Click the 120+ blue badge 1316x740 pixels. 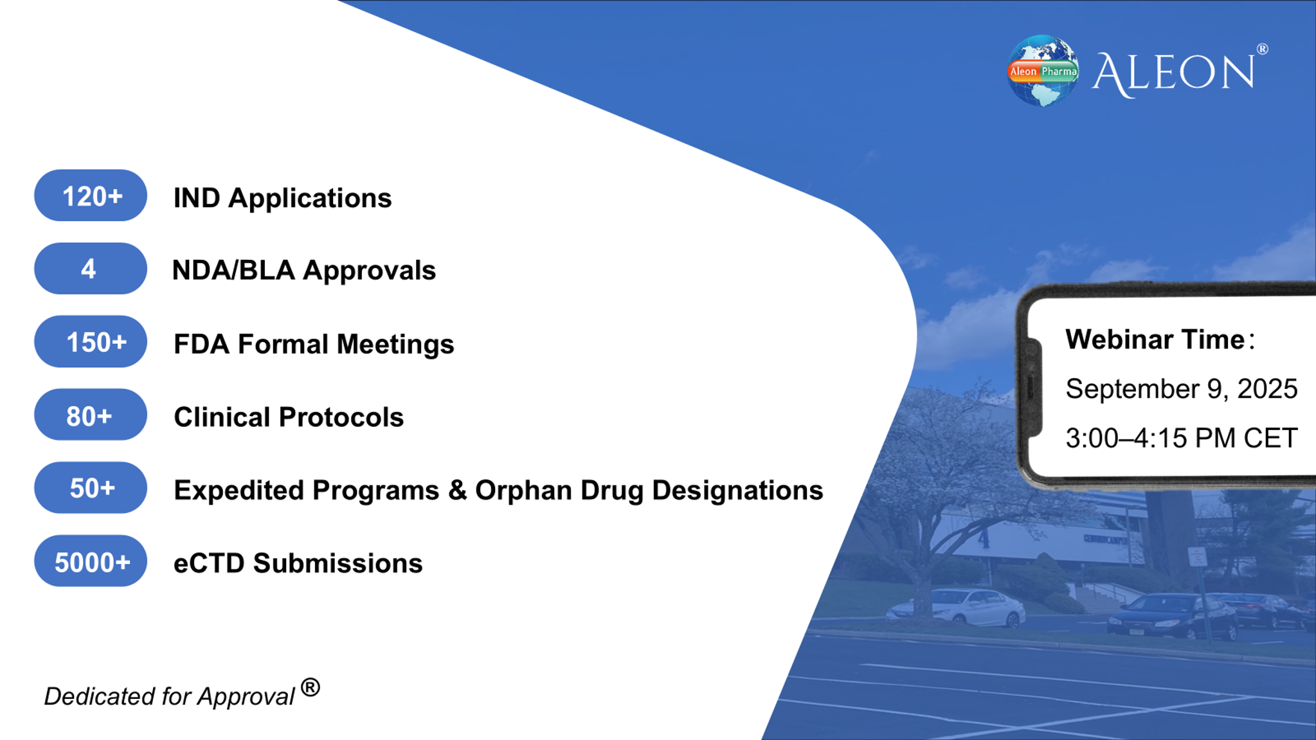pyautogui.click(x=91, y=195)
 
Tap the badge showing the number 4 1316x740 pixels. pyautogui.click(x=91, y=268)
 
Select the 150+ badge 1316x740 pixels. pyautogui.click(x=91, y=341)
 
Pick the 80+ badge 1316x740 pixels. pyautogui.click(x=91, y=415)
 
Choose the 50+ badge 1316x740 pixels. pyautogui.click(x=91, y=487)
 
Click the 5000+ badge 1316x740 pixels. pyautogui.click(x=91, y=561)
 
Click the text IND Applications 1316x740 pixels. pyautogui.click(x=283, y=198)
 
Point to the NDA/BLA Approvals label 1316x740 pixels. pyautogui.click(x=304, y=270)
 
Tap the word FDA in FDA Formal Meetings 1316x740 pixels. pyautogui.click(x=202, y=344)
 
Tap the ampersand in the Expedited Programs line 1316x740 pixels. pyautogui.click(x=458, y=490)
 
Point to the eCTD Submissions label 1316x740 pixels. pyautogui.click(x=298, y=563)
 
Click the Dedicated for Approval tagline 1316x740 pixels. pyautogui.click(x=170, y=696)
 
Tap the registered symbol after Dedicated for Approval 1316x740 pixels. pyautogui.click(x=310, y=688)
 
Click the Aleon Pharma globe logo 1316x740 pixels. pyautogui.click(x=1043, y=71)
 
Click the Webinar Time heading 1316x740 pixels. pyautogui.click(x=1160, y=339)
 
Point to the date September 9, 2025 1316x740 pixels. pyautogui.click(x=1182, y=388)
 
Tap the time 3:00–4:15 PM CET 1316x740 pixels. pyautogui.click(x=1182, y=438)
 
